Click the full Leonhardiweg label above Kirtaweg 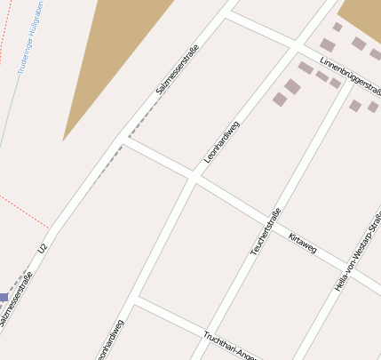222,141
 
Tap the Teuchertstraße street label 266,231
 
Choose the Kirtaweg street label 303,242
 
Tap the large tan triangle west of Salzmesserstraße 115,53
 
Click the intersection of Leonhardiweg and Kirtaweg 193,176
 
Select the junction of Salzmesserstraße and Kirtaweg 123,138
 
